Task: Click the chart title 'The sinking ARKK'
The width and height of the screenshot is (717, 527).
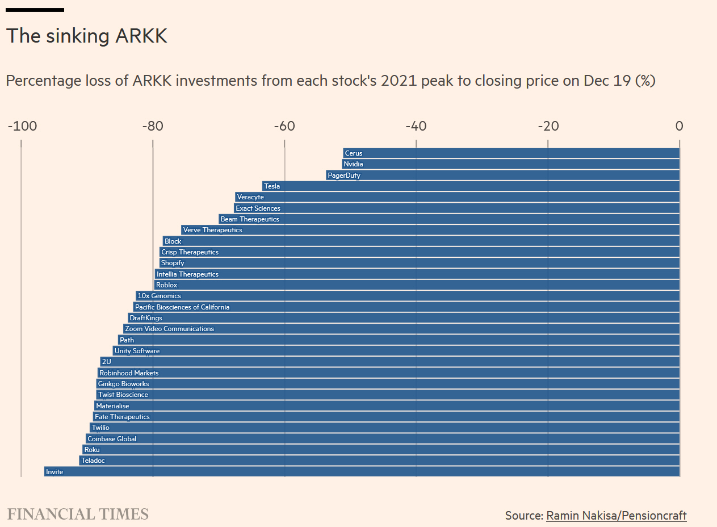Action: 86,36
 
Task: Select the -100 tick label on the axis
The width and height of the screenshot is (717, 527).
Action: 22,126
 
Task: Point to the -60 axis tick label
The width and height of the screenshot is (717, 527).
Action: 284,126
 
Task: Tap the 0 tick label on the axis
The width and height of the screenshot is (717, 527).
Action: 679,126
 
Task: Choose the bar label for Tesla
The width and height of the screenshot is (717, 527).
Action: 272,186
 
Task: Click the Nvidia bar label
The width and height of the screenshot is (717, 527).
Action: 353,164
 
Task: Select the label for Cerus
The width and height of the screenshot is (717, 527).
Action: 353,153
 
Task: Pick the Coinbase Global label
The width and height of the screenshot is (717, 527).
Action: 112,439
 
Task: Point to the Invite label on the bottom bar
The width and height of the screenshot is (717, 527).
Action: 54,472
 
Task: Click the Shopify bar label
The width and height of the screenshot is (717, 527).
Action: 173,263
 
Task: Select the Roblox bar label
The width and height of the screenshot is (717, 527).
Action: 166,285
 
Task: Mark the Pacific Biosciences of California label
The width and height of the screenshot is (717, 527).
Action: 182,307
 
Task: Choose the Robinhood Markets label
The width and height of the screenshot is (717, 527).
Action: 129,373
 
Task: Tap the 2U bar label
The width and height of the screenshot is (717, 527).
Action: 107,362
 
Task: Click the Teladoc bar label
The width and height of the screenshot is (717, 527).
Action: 93,461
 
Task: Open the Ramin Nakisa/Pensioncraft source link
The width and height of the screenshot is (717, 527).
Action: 616,516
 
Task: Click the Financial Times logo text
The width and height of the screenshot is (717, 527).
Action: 78,515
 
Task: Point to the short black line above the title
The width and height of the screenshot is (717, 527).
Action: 35,10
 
